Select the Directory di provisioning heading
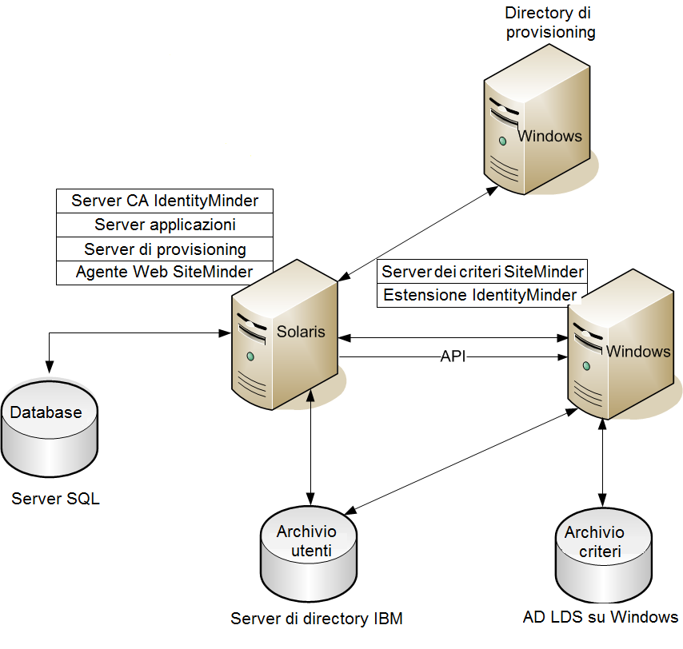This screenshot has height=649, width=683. (x=550, y=22)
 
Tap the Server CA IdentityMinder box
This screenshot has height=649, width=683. (x=165, y=200)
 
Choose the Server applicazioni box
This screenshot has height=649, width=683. (x=165, y=225)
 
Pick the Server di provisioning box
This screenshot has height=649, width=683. (x=165, y=249)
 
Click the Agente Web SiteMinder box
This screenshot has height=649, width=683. (x=165, y=273)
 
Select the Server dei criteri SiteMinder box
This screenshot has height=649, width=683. (x=482, y=271)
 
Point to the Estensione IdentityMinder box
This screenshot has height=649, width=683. (x=480, y=296)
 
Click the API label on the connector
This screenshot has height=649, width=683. (x=453, y=356)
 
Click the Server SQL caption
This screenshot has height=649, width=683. (x=56, y=500)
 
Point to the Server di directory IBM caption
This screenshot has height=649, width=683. (x=317, y=619)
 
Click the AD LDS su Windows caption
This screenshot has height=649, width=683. (x=601, y=617)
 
